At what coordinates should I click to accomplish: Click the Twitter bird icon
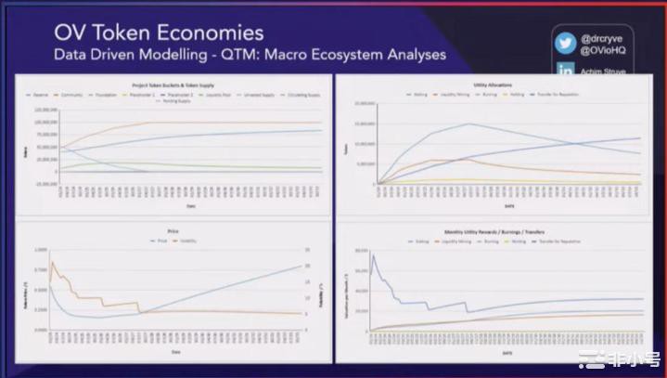click(x=566, y=44)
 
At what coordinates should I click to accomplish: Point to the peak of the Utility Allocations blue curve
click(x=468, y=124)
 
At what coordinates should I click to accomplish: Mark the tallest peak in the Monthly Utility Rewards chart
click(x=373, y=254)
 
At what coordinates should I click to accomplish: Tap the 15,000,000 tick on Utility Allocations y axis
click(x=363, y=124)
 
